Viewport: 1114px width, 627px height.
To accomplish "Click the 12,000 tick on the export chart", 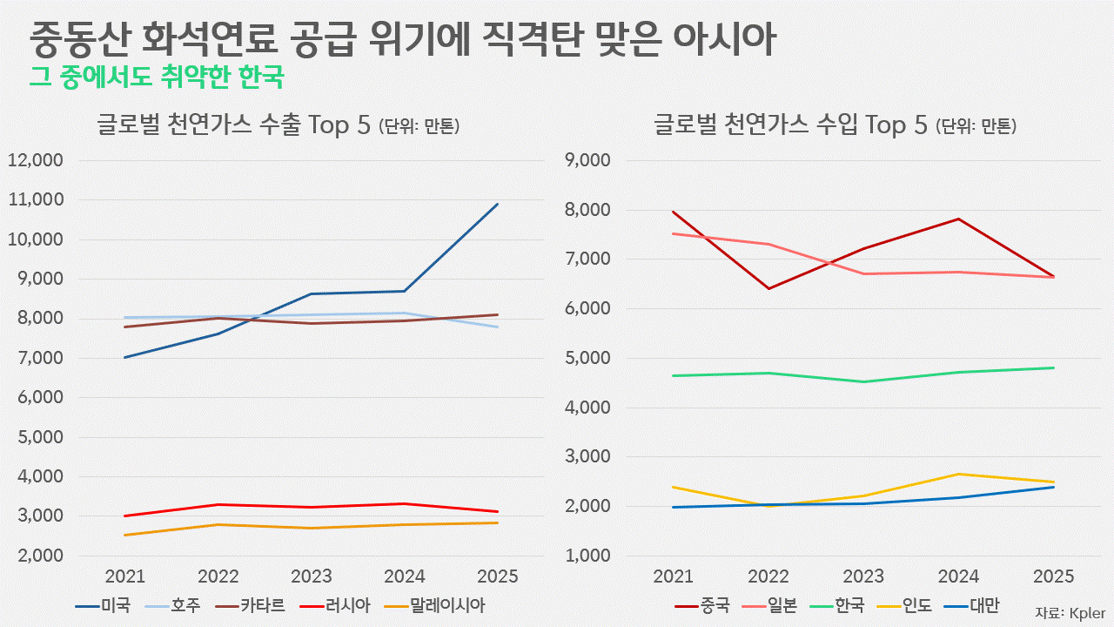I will pos(35,160).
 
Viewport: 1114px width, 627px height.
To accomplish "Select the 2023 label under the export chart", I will pos(312,576).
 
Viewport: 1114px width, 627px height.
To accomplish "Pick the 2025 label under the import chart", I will pos(1053,576).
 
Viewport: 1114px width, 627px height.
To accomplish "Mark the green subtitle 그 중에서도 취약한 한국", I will pos(157,78).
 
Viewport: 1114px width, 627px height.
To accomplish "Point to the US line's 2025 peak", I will pos(497,205).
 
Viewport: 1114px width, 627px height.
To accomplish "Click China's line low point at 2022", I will pos(768,288).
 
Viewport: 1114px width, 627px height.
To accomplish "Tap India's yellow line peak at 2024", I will pos(958,474).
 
